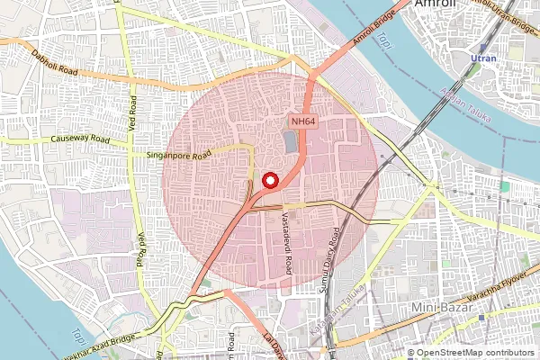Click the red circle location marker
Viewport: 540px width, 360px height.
point(269,180)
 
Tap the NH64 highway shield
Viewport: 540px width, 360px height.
point(301,120)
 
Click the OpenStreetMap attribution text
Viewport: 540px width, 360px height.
point(474,353)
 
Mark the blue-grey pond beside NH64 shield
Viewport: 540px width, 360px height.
point(291,141)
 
